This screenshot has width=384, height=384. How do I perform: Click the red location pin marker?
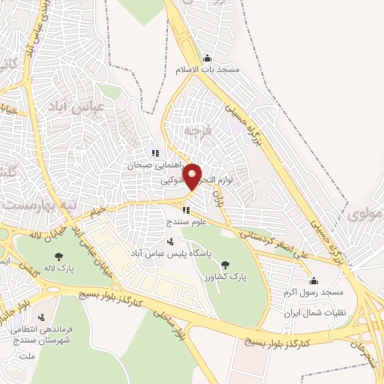point(193,177)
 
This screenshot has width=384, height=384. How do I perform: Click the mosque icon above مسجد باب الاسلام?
point(207,58)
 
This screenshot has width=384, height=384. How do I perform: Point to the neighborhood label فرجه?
point(197,130)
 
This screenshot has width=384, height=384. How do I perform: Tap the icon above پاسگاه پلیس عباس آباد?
point(170,241)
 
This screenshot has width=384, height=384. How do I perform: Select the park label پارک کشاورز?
point(225,275)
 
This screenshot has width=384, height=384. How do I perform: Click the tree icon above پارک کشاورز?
point(225,264)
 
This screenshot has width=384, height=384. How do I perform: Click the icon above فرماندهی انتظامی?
point(40,317)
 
